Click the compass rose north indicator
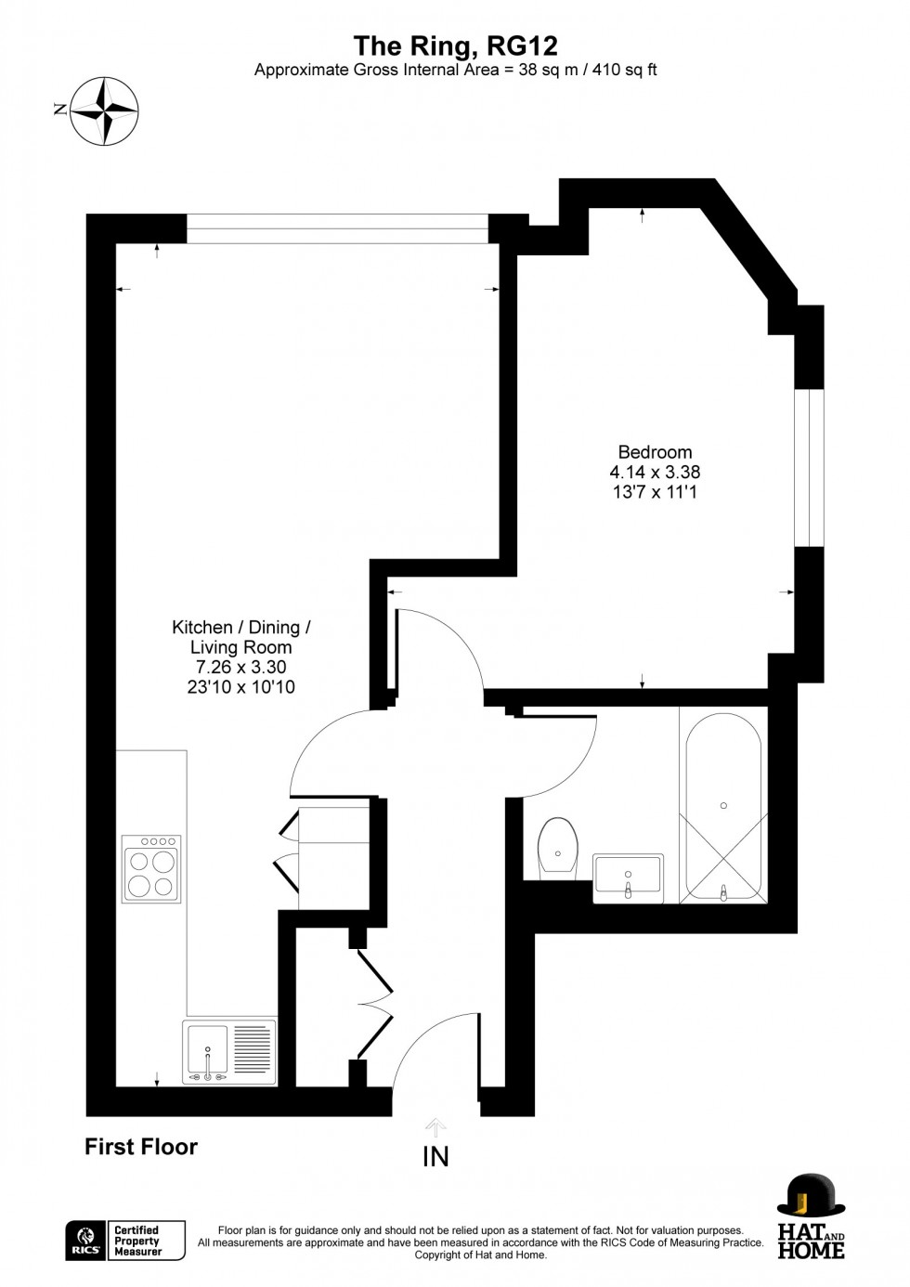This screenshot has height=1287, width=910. coord(104,110)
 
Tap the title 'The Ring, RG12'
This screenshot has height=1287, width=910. coord(455,45)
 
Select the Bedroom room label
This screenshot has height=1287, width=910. coord(655,452)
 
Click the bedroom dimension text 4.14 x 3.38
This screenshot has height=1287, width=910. coord(655,472)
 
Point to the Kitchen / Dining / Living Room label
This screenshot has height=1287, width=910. coord(241,637)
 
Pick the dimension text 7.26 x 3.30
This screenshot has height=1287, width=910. coord(240,668)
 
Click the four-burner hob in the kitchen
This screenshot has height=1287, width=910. coord(151,869)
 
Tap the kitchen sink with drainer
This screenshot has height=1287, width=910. coord(229,1052)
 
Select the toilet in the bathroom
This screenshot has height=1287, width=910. coord(558,847)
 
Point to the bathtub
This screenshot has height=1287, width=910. coord(723,804)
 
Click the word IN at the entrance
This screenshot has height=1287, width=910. coord(435,1156)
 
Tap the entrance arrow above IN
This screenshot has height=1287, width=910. coord(435,1127)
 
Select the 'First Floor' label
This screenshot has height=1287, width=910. coord(141,1147)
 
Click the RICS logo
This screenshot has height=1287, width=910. coord(84,1241)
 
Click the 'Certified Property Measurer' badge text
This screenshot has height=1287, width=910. coord(136,1241)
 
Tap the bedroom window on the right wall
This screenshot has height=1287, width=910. coord(810,467)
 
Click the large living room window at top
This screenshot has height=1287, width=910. coord(337,228)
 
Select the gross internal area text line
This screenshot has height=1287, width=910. coord(455,70)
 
